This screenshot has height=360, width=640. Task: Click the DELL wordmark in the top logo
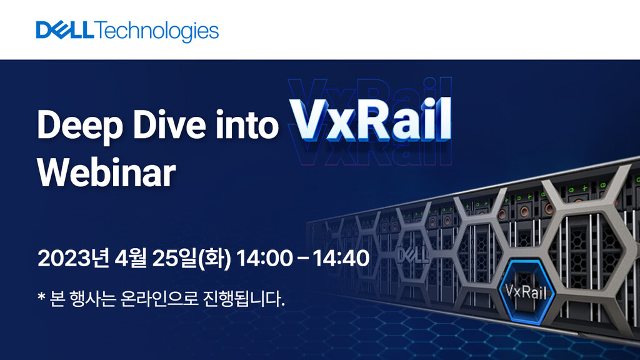(x=65, y=30)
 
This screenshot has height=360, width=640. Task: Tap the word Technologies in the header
(x=157, y=32)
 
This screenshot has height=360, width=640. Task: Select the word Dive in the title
(x=169, y=124)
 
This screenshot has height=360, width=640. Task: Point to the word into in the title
(x=247, y=124)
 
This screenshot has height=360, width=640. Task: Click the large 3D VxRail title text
(x=371, y=119)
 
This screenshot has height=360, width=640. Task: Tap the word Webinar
(x=106, y=173)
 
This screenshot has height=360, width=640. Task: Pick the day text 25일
(x=174, y=258)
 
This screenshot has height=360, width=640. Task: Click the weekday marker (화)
(x=214, y=258)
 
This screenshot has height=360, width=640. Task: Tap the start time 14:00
(x=264, y=258)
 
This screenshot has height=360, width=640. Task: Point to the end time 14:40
(x=341, y=258)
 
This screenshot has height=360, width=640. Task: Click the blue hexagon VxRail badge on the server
(x=526, y=291)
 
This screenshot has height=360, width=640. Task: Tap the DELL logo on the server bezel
(x=413, y=255)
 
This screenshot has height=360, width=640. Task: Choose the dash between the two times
(x=303, y=258)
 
